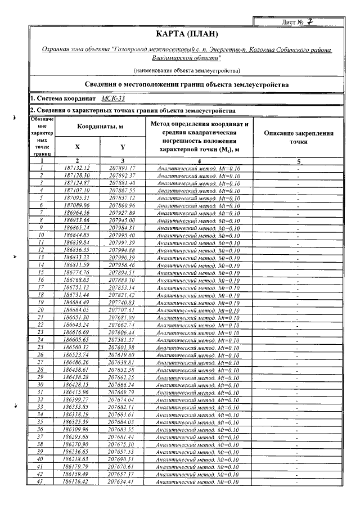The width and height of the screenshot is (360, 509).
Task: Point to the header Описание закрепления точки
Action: [x=298, y=138]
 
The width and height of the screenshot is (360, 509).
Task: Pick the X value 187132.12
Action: [x=77, y=168]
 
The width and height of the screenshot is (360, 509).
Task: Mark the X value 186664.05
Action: [x=77, y=309]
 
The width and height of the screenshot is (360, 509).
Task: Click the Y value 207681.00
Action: [x=122, y=317]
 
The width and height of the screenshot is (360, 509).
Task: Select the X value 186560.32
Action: [x=77, y=346]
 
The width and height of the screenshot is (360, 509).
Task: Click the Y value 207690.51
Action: [x=122, y=458]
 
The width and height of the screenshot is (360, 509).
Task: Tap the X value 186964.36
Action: [x=77, y=213]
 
